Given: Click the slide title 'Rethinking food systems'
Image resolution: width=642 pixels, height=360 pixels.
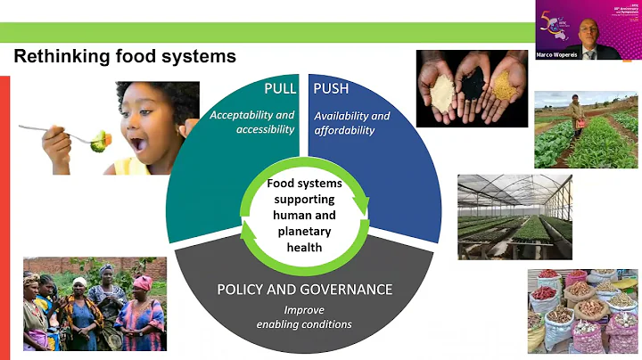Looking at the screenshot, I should (x=124, y=57).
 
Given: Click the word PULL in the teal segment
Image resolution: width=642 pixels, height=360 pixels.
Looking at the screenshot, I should (x=279, y=89).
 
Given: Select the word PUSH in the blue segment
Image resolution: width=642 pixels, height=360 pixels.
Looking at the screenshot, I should (x=332, y=89).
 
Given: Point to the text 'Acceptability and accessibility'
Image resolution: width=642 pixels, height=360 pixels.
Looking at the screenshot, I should (x=251, y=122).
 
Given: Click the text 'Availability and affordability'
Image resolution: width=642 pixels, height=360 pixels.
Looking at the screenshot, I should (x=352, y=123).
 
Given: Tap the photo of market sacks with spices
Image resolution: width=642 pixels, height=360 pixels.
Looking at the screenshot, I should (x=582, y=311).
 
